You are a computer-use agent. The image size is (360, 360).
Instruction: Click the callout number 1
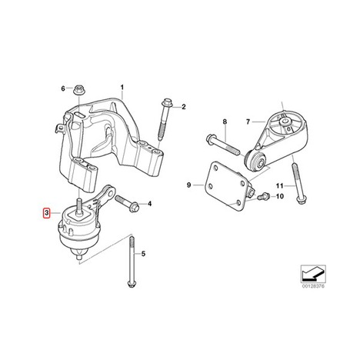click(122, 88)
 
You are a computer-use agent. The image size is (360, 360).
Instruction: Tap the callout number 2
click(184, 107)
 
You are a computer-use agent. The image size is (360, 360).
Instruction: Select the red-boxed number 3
click(46, 213)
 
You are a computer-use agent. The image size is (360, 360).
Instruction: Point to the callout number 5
click(143, 254)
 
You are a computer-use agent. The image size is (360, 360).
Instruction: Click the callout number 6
click(63, 88)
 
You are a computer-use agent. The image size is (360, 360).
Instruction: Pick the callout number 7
click(248, 122)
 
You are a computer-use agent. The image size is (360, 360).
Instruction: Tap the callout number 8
click(225, 122)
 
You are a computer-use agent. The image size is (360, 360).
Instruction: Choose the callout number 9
click(188, 185)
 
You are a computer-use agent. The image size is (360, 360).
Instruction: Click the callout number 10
click(280, 196)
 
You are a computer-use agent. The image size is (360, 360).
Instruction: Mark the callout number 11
click(279, 185)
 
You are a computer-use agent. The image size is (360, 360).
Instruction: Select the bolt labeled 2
click(165, 119)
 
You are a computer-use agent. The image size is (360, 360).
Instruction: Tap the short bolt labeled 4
click(127, 202)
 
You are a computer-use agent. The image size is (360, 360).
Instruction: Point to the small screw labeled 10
click(262, 197)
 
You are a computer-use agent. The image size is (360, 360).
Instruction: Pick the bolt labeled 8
click(222, 145)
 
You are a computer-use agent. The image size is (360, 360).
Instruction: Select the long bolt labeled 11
click(298, 184)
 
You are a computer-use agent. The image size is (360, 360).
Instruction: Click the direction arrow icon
click(313, 274)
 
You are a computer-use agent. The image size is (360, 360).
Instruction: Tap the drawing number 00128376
click(313, 286)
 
